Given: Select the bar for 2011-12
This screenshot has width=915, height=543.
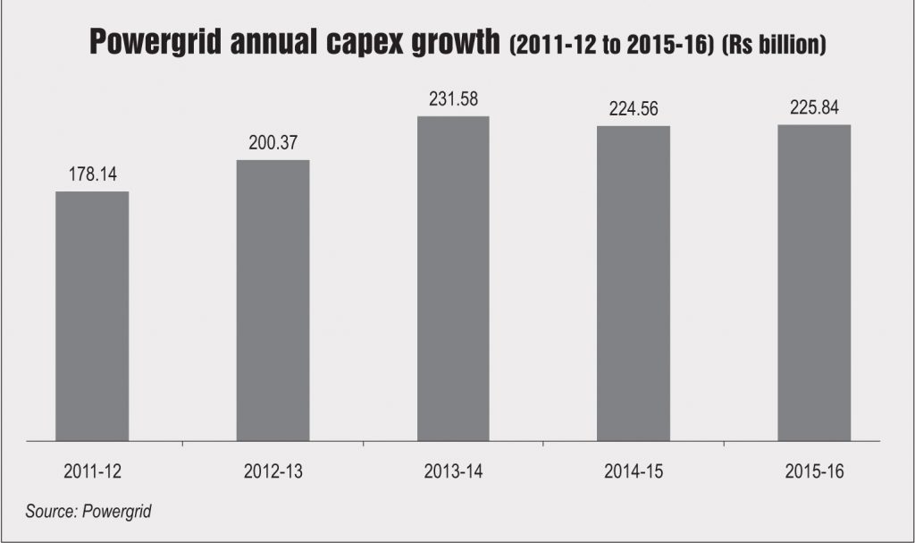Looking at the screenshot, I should coord(92,316).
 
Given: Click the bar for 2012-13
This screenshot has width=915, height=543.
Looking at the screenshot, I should coord(273,300).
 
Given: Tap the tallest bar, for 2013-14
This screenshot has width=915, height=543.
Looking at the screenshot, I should coord(453,278).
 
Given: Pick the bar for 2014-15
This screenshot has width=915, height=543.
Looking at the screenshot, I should coord(634,283).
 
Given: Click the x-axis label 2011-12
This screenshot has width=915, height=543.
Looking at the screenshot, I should coord(92,470).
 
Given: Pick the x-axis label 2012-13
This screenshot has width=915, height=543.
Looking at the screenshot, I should coord(273,470).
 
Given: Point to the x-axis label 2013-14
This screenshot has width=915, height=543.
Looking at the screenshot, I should coord(453,470).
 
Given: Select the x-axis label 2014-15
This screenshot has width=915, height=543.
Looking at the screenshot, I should coord(634,470).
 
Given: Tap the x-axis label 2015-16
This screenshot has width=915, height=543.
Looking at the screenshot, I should coord(814,470).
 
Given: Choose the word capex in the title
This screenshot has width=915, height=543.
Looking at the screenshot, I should coord(374,44).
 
